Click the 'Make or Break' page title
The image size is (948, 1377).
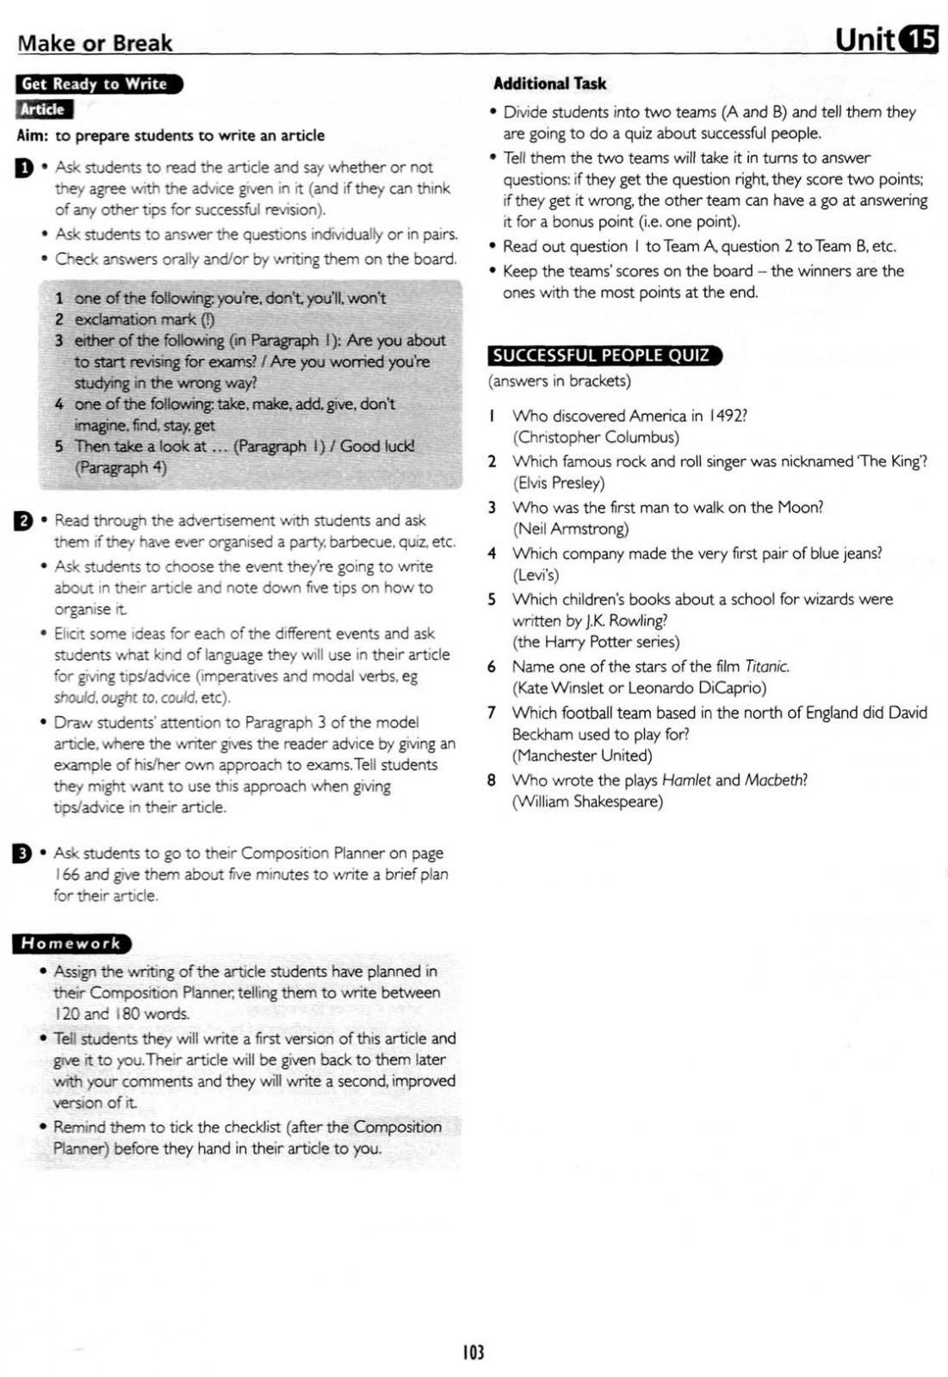95,43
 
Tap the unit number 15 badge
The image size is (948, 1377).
919,40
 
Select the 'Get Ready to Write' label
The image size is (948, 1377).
96,84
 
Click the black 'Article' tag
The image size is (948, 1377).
44,110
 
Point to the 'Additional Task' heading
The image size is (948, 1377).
549,83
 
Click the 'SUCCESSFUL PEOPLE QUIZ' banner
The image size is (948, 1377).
602,355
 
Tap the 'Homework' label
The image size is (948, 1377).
71,943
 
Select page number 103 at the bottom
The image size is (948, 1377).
474,1351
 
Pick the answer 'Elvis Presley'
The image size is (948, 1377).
559,483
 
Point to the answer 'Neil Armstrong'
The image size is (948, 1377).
571,528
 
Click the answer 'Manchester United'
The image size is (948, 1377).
582,756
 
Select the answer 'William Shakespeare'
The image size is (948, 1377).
587,802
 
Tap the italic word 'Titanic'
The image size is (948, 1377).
766,666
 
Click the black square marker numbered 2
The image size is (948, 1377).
22,521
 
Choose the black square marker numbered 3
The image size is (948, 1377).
22,854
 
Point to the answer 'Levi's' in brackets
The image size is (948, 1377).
536,575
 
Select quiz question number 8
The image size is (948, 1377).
491,781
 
